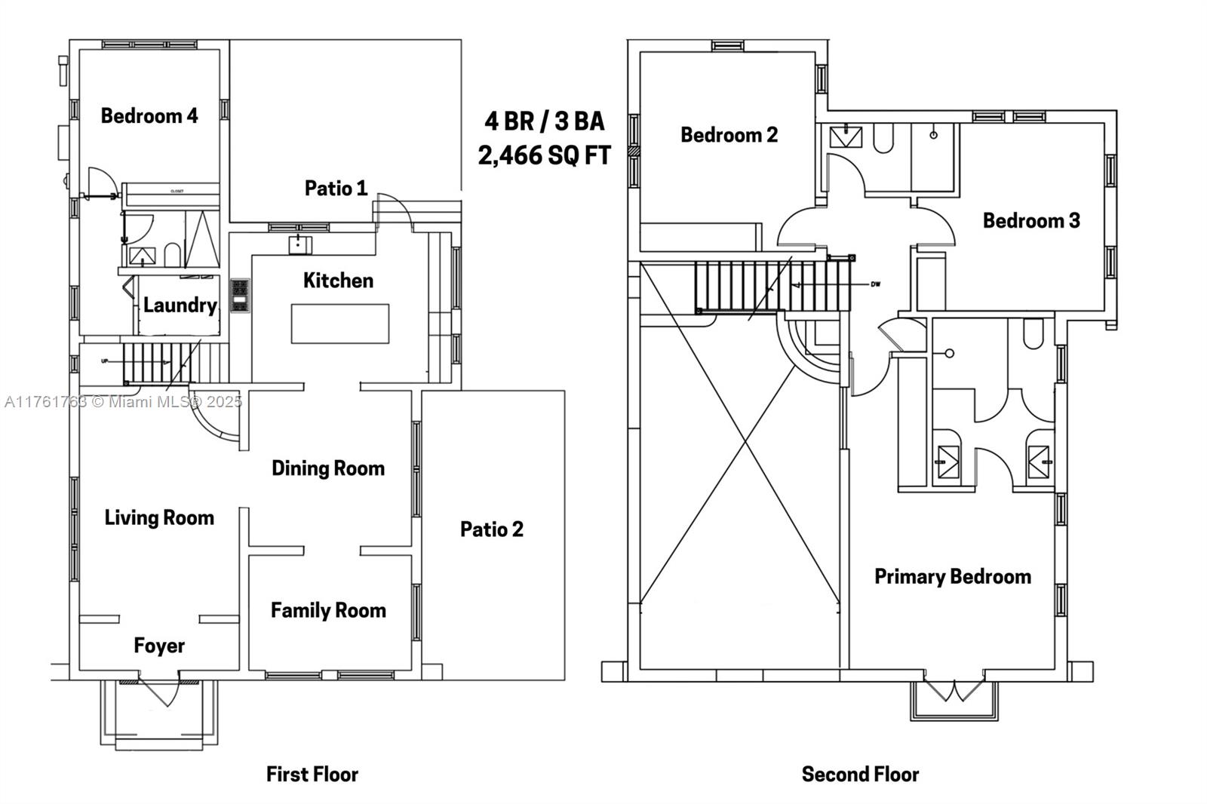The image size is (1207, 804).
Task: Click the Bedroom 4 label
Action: (x=149, y=115)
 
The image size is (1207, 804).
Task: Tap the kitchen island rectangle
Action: (x=340, y=323)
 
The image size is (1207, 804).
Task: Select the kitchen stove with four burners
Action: (x=240, y=295)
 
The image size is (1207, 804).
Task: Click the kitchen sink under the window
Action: (x=299, y=244)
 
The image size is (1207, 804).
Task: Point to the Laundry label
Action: (x=180, y=305)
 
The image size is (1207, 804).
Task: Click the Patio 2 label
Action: (x=491, y=529)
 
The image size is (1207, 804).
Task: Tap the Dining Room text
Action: (x=328, y=468)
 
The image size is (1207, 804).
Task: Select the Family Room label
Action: (x=328, y=609)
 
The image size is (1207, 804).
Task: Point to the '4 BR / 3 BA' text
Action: (x=544, y=121)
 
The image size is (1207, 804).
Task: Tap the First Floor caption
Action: (x=312, y=774)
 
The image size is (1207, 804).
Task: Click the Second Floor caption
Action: (x=860, y=774)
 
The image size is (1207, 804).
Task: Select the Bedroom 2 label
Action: (x=729, y=134)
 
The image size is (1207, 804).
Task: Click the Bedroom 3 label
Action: (x=1031, y=220)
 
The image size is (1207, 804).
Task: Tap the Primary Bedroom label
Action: (x=952, y=576)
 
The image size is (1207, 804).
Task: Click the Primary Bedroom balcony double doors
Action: (x=955, y=689)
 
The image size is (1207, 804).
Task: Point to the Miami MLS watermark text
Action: (x=123, y=401)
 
